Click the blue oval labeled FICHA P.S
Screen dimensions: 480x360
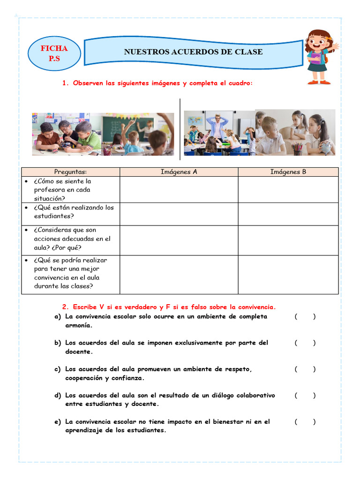(54, 53)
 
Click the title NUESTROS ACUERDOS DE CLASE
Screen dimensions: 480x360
(193, 52)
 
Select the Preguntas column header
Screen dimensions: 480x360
(70, 172)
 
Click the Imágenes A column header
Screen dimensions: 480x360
(179, 172)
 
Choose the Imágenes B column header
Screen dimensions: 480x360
(288, 172)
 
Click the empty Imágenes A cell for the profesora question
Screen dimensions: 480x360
(179, 189)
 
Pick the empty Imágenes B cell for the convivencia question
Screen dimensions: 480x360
(288, 275)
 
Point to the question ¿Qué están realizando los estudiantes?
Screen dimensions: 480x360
(74, 212)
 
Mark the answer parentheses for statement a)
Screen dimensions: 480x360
(305, 316)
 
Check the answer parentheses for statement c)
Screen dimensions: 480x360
(305, 369)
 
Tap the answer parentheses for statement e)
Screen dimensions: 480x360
(305, 421)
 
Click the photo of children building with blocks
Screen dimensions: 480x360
(67, 135)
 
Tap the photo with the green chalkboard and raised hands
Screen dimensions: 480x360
(138, 135)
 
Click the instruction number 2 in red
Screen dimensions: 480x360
(65, 307)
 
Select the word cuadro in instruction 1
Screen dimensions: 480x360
(239, 83)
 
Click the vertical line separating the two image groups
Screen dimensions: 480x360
(180, 129)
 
